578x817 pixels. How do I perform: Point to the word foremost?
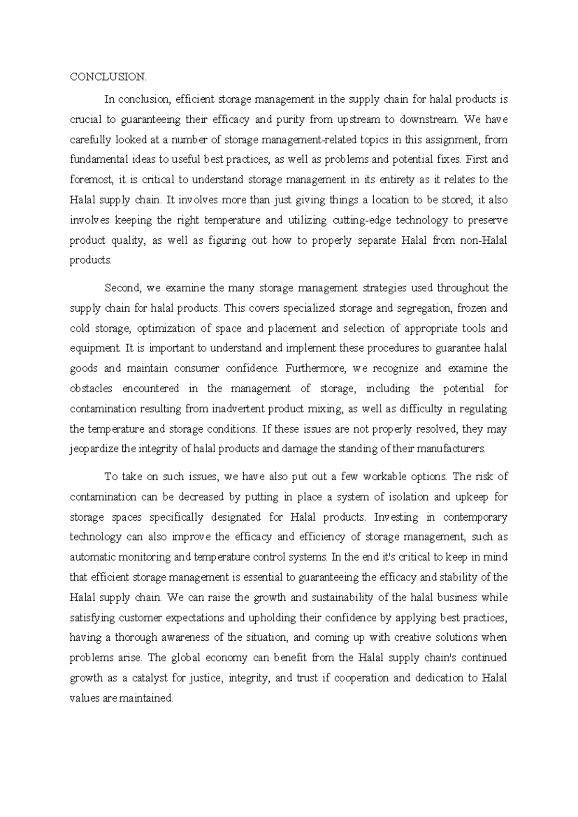point(91,180)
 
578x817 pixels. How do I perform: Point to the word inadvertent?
point(238,409)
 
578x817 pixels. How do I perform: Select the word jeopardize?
point(94,449)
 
